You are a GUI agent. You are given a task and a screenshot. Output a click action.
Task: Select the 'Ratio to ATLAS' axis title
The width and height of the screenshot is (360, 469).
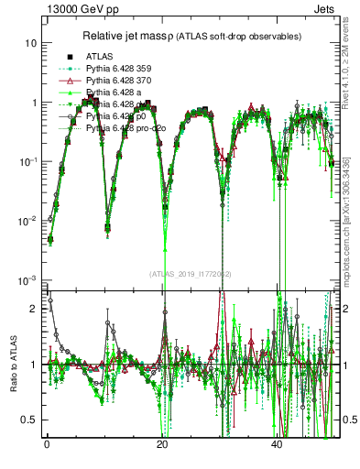pos(14,364)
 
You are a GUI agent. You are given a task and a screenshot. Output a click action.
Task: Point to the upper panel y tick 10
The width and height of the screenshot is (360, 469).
pos(29,43)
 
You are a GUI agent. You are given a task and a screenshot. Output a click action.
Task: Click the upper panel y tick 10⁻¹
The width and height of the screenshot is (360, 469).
pos(27,161)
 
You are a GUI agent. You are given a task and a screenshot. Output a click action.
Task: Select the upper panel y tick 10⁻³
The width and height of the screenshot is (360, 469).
pos(27,279)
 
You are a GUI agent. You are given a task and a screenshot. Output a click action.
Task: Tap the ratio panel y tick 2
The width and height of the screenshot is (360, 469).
pos(32,309)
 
